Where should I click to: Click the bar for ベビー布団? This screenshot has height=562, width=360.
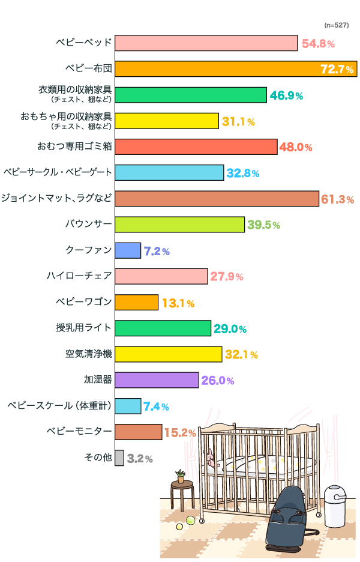[235, 69]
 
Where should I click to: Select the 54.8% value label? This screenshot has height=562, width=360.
[318, 43]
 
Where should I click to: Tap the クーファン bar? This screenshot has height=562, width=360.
[127, 250]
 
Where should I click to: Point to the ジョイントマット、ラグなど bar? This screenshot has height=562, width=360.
[216, 199]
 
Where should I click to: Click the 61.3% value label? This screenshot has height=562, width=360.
[338, 199]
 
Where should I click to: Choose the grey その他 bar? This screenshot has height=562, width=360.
[119, 458]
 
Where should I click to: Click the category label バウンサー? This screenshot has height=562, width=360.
[89, 225]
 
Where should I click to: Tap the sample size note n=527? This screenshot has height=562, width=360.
[336, 25]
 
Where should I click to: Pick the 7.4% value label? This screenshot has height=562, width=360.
[156, 406]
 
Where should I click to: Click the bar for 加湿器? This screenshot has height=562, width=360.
[156, 380]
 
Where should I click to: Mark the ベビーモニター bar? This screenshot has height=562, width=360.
[138, 432]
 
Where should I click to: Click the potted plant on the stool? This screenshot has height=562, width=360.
[181, 476]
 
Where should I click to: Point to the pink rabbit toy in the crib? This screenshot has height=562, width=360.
[210, 460]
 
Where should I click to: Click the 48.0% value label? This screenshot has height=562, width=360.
[296, 147]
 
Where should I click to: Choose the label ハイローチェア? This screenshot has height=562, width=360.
[80, 276]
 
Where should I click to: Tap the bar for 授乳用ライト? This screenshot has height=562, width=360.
[163, 328]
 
